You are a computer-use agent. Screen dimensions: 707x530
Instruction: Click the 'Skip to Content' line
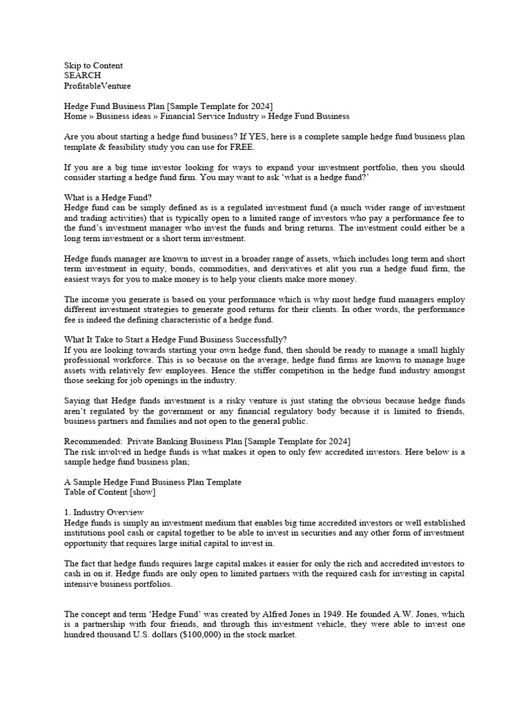[x=93, y=66]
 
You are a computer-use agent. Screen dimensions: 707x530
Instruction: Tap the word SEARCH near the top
[x=82, y=75]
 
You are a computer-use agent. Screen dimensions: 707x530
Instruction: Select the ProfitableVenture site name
[x=97, y=86]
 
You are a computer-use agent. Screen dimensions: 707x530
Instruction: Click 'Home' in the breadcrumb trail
[x=75, y=116]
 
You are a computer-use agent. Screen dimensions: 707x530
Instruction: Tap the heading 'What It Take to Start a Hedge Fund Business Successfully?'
[x=175, y=339]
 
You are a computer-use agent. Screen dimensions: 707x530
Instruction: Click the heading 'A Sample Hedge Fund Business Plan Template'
[x=153, y=482]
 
